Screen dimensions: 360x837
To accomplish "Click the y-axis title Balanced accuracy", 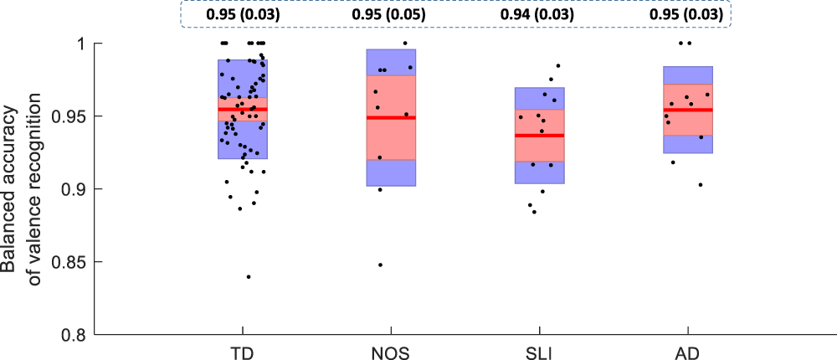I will (12, 189).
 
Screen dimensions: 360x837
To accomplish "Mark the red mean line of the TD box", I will (243, 109).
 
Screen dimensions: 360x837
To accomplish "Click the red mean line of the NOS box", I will (391, 117).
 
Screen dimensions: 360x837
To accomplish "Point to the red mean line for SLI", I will (539, 135).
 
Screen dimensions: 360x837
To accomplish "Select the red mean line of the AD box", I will (688, 110).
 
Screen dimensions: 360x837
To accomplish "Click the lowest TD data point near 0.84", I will (249, 276).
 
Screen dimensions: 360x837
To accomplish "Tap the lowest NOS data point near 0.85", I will (381, 265).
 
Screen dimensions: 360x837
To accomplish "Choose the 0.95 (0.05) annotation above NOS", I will (388, 14).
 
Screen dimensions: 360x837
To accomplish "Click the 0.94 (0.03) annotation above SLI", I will (536, 14).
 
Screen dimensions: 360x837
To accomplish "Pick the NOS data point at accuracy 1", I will (405, 44).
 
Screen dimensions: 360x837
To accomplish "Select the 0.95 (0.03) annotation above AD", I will (685, 14).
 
